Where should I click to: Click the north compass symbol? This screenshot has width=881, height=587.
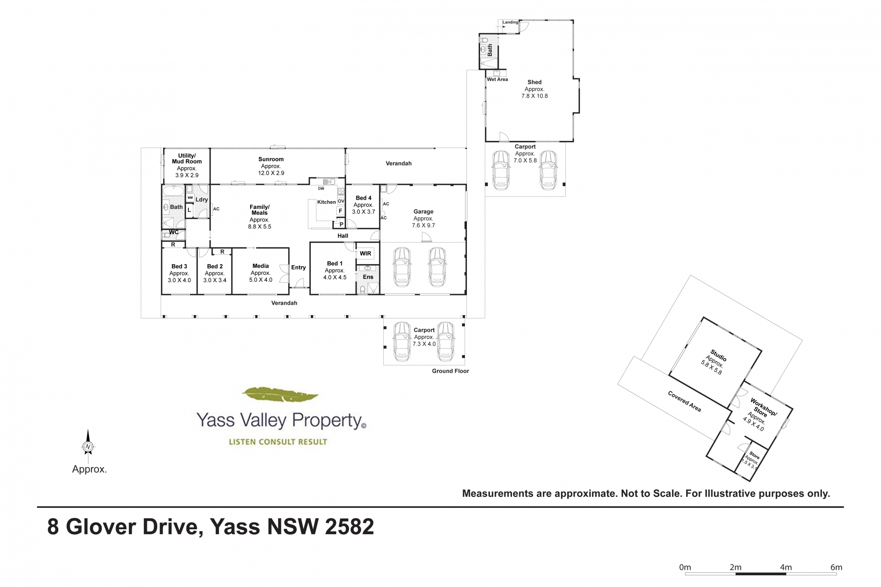click(88, 446)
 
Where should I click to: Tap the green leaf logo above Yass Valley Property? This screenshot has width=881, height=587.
click(281, 395)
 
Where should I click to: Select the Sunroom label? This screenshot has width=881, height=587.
click(271, 159)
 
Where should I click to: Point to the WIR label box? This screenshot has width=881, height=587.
click(366, 253)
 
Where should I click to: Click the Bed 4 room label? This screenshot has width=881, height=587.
click(364, 198)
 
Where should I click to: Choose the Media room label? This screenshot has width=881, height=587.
click(261, 266)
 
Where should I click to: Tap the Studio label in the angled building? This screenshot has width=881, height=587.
click(719, 355)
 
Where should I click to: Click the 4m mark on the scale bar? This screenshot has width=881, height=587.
click(786, 567)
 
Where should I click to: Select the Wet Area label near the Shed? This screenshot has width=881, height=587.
click(497, 79)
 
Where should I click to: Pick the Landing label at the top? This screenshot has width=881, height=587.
click(510, 23)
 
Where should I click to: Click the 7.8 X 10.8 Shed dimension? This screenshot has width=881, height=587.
click(534, 96)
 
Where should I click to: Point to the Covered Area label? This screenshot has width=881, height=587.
click(685, 401)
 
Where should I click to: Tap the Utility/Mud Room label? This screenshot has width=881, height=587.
click(187, 158)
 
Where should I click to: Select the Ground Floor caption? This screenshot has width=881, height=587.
click(450, 371)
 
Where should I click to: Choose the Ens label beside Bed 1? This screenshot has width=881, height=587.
click(368, 277)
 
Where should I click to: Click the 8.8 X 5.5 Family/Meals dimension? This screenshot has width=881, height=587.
click(259, 227)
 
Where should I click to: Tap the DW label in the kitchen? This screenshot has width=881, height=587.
click(321, 189)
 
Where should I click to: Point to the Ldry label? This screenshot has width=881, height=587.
click(202, 200)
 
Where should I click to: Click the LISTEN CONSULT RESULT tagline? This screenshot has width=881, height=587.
click(278, 442)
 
